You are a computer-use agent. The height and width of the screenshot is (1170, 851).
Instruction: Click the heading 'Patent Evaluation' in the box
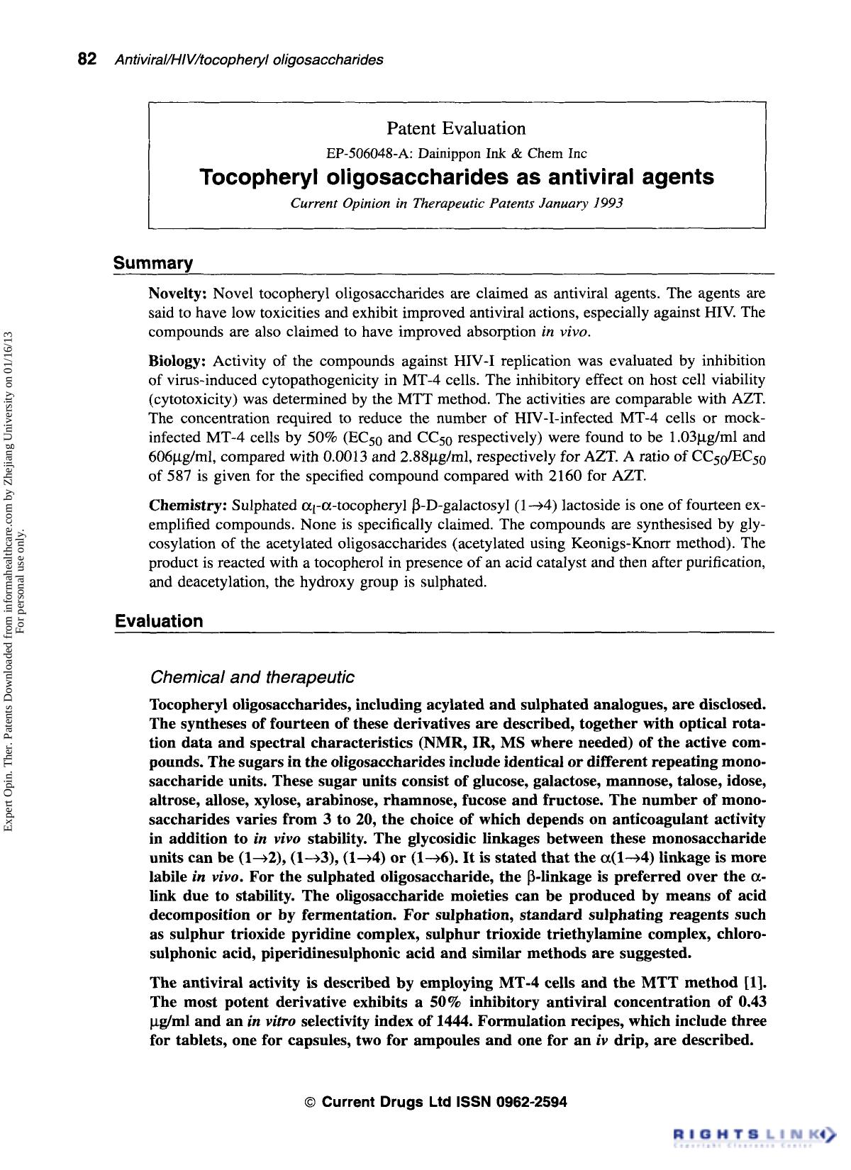click(456, 128)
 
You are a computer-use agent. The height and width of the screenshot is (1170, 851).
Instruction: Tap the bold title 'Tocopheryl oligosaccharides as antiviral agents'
click(457, 177)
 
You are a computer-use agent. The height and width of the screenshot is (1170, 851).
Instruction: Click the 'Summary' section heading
click(153, 264)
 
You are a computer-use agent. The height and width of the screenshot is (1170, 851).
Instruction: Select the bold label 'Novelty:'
click(178, 294)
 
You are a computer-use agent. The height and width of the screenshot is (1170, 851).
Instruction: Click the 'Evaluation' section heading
click(159, 621)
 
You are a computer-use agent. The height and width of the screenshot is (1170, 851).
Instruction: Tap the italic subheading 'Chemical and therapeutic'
click(252, 677)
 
